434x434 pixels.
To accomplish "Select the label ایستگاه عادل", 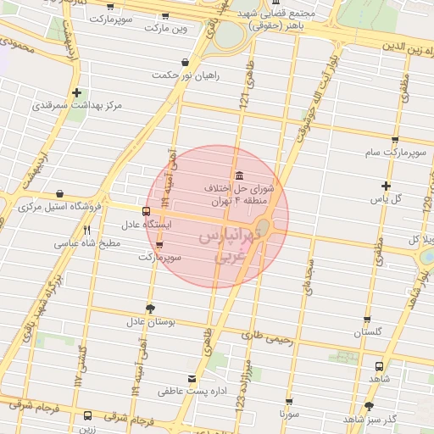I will (147, 225).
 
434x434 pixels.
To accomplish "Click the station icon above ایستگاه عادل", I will (147, 211).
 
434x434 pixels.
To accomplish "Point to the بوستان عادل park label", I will (150, 322).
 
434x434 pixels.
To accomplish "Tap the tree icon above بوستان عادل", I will (151, 309).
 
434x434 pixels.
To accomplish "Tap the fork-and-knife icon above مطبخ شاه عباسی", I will (86, 230).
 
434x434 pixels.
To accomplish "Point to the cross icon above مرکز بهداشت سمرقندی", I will (77, 92).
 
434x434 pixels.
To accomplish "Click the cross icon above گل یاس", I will (387, 186).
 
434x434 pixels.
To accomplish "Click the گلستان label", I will (368, 333).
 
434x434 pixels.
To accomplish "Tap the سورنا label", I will (289, 415).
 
